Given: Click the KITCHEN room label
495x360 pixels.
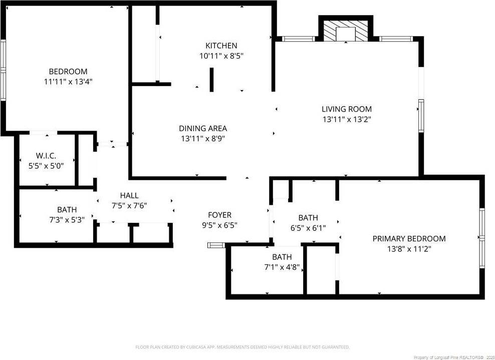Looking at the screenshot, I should tap(221, 46).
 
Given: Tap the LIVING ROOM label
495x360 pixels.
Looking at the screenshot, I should tap(347, 109).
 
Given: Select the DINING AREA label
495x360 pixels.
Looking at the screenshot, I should tap(203, 128).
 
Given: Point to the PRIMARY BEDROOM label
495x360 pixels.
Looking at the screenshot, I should tap(409, 238).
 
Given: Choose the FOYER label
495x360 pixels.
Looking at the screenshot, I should tap(219, 215).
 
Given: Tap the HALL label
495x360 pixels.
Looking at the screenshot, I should tap(129, 195).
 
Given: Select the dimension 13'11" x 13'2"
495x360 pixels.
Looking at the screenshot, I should tap(347, 119).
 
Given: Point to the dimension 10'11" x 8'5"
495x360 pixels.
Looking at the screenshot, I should tap(221, 56).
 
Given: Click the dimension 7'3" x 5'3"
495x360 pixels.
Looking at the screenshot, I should tap(67, 220).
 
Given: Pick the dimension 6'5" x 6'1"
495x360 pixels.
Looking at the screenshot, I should tap(308, 228).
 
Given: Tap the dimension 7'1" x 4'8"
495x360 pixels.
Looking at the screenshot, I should tap(282, 267).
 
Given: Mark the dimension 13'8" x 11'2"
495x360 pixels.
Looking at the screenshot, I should tap(409, 248).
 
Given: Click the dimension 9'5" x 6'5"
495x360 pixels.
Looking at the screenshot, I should tap(219, 225).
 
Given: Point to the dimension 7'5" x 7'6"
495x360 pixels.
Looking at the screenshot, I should tap(129, 205).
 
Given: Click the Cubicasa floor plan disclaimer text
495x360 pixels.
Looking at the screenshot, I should tap(242, 347).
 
